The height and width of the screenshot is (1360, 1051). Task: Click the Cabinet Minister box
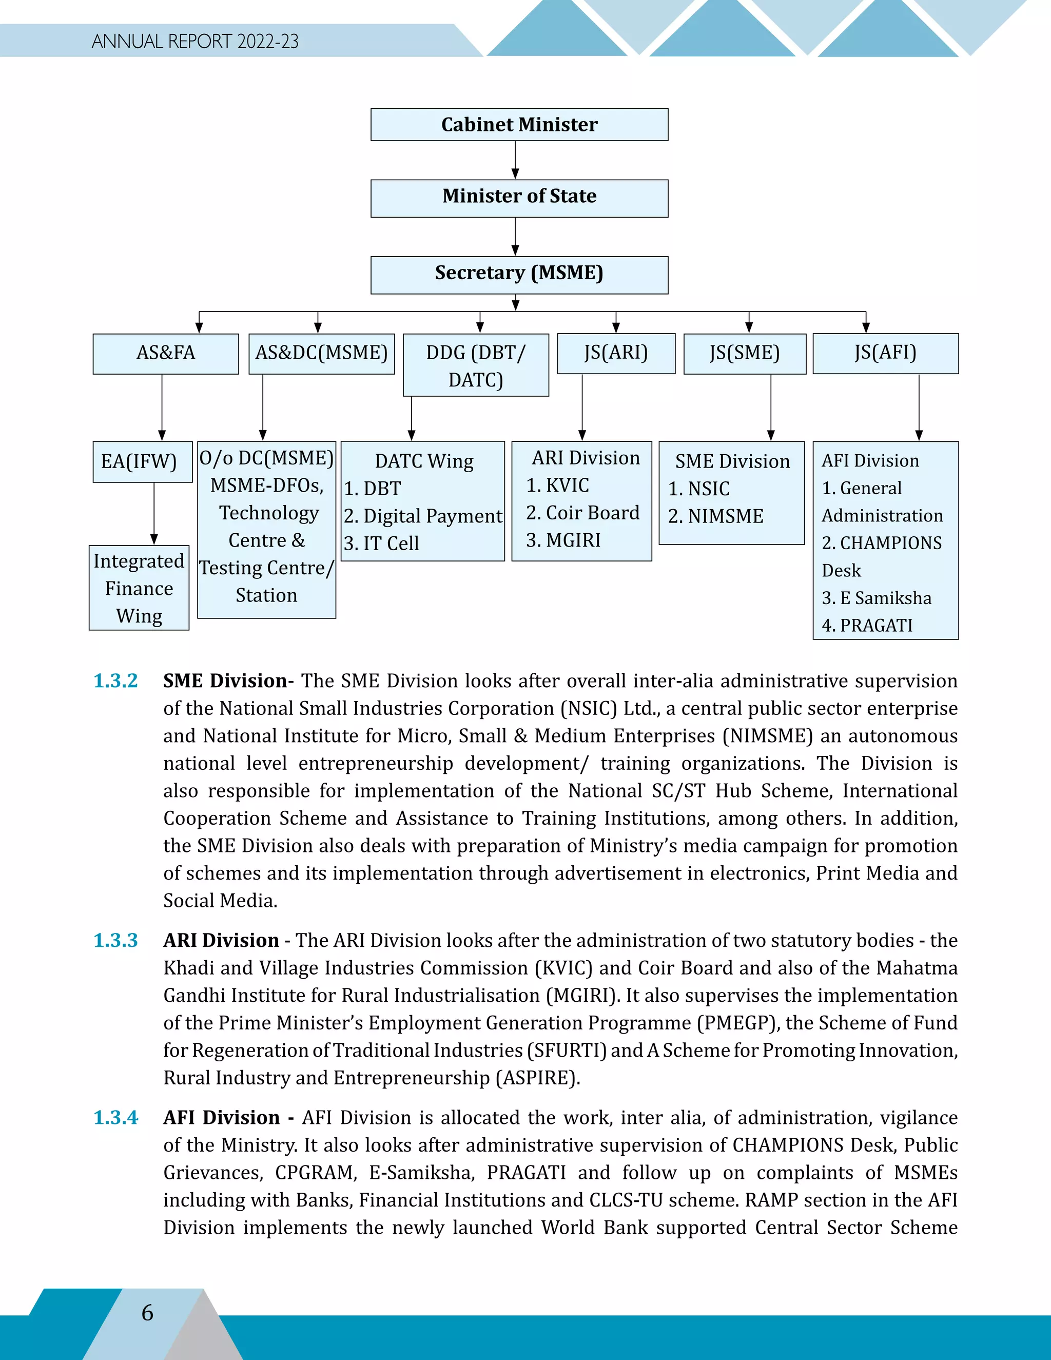click(519, 125)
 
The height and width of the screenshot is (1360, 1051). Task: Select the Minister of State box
click(519, 198)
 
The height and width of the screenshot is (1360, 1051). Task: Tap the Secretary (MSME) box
click(519, 274)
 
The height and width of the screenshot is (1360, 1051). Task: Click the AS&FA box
click(166, 353)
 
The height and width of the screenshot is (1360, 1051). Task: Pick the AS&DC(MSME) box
click(321, 353)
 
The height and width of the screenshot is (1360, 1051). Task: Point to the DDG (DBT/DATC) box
click(476, 365)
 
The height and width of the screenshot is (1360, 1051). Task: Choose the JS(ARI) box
click(616, 353)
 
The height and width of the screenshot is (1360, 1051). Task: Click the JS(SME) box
click(745, 353)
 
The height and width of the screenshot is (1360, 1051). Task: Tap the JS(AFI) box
click(885, 353)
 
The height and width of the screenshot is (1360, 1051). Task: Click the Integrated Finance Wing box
click(139, 588)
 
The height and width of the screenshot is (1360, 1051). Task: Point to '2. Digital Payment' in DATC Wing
click(423, 516)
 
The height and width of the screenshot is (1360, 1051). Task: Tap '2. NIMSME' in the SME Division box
click(715, 516)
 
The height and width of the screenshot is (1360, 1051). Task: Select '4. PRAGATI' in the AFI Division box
click(867, 625)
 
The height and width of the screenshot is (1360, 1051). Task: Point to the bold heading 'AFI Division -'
click(228, 1118)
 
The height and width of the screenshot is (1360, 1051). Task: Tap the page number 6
click(148, 1313)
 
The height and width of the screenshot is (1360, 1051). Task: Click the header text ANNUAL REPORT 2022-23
click(195, 42)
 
